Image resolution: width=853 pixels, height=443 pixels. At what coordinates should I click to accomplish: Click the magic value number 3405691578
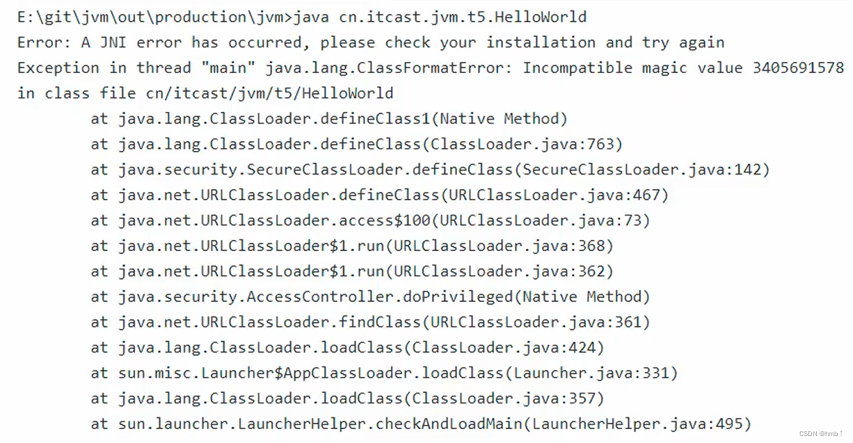click(x=797, y=68)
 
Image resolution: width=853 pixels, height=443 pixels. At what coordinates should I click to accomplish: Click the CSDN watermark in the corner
click(x=821, y=434)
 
